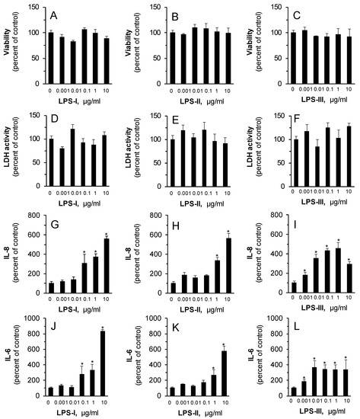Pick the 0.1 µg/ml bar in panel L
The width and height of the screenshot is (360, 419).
pos(324,381)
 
